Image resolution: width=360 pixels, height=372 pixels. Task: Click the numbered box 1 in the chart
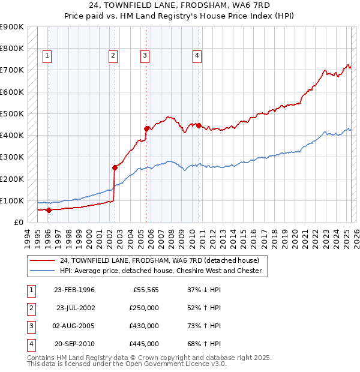click(x=47, y=56)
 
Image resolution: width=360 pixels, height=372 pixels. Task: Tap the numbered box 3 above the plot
click(x=145, y=56)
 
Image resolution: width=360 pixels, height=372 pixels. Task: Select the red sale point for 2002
click(x=115, y=168)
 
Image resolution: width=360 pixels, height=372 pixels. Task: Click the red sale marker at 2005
click(x=146, y=128)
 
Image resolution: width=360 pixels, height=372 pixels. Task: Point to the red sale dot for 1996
click(x=49, y=210)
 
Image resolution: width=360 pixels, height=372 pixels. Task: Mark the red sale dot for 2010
click(x=199, y=125)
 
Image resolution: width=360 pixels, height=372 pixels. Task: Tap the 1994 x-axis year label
click(x=28, y=238)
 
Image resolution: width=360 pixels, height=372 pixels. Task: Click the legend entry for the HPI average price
click(x=161, y=271)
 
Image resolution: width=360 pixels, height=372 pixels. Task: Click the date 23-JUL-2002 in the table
click(x=76, y=308)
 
